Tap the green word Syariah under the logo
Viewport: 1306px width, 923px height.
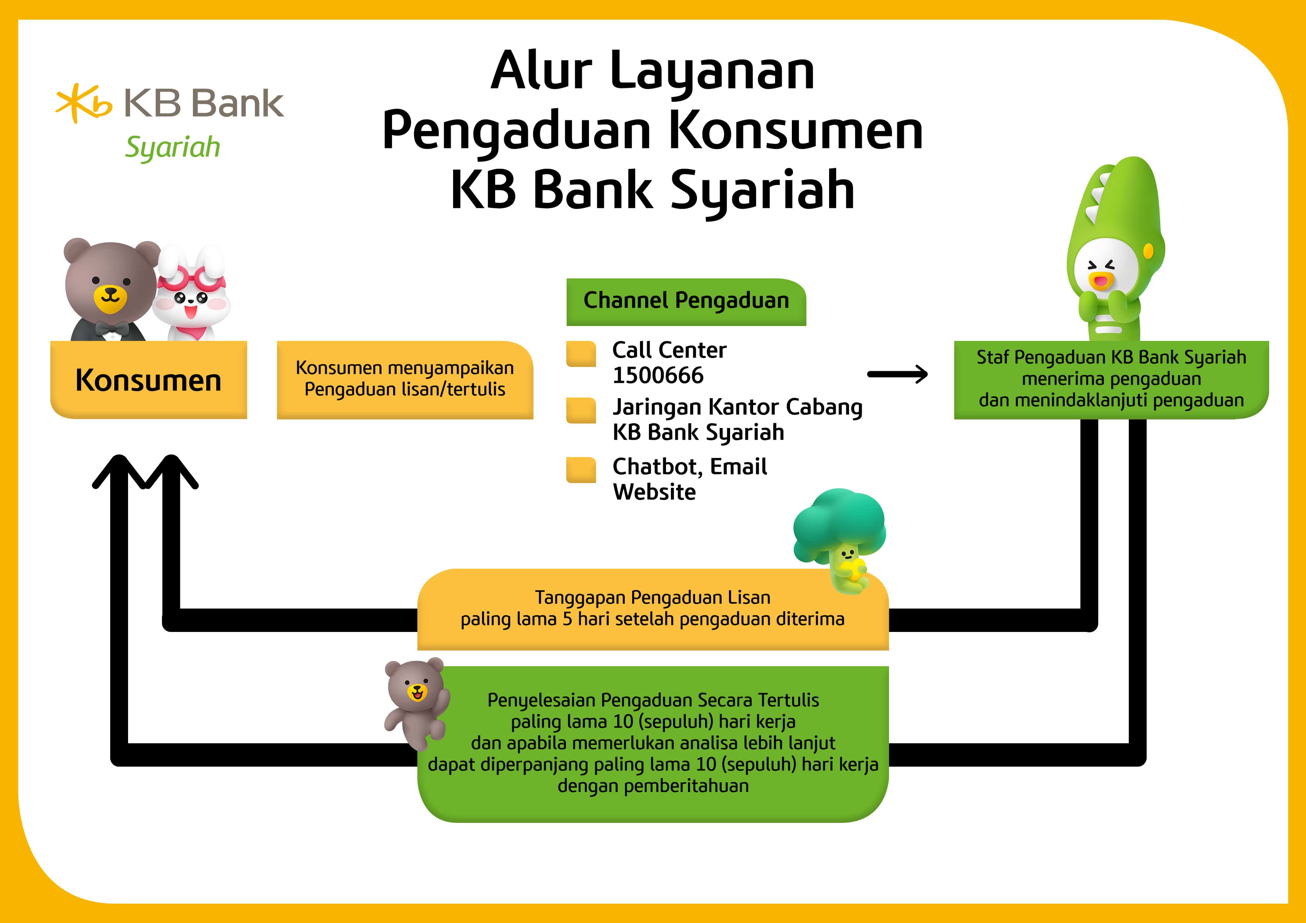pos(172,147)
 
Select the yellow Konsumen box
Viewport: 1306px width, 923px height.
pos(149,380)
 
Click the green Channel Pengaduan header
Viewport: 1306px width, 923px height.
pos(686,301)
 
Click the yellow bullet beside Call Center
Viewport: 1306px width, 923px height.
pos(581,354)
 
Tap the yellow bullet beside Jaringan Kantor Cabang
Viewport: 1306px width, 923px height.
pos(581,411)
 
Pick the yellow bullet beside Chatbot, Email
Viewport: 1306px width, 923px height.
pos(581,470)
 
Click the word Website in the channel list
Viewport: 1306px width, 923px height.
pos(654,492)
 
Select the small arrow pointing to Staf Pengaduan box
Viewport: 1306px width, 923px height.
pos(898,374)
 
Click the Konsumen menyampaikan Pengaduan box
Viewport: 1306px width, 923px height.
pos(405,380)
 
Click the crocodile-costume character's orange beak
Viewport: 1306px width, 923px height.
pos(1101,280)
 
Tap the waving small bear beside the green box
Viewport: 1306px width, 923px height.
pos(417,703)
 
